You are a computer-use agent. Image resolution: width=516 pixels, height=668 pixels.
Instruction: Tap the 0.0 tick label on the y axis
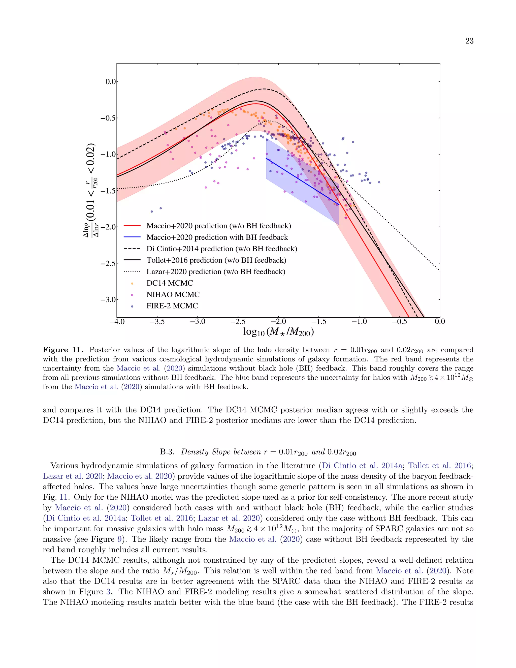point(111,82)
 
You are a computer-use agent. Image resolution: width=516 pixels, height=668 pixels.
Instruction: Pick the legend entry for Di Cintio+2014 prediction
point(222,249)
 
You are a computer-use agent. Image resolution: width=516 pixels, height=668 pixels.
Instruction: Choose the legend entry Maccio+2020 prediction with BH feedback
point(217,237)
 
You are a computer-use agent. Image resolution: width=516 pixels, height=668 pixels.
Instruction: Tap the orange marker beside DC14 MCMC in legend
point(132,284)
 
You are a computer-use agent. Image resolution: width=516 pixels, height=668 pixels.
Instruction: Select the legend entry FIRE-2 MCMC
point(172,306)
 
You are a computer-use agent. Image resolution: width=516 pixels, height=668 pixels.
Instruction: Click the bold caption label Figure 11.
point(63,350)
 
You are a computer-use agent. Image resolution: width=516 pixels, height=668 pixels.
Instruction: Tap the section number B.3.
point(167,452)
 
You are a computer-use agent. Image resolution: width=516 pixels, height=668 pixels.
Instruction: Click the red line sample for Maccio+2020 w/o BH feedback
point(132,226)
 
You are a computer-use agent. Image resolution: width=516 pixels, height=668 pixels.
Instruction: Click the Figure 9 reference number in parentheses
point(119,539)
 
